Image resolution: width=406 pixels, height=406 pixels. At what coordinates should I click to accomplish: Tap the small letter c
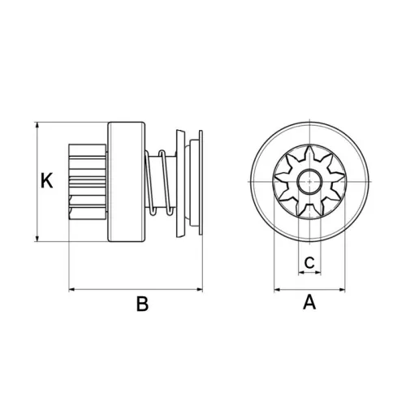coord(309,261)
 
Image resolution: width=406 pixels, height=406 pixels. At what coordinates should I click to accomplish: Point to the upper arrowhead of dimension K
coord(37,126)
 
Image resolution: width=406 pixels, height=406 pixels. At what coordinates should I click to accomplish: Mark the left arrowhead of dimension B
coord(70,288)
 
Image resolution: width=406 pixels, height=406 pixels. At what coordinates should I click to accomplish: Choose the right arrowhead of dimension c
coord(321,274)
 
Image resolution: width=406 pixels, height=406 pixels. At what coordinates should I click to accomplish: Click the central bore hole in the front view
coord(309,181)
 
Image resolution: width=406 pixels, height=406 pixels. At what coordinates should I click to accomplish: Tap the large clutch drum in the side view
coord(125,182)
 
